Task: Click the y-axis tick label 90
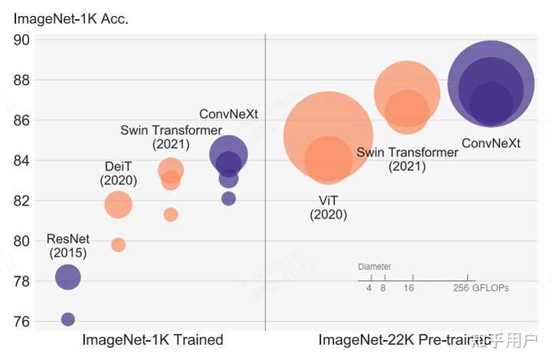pos(21,41)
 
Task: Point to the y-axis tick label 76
pos(21,322)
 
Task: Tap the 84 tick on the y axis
pos(21,161)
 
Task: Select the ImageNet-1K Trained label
pos(153,339)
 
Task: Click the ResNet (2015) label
pos(68,246)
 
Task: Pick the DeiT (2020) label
pos(118,174)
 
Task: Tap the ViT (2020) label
pos(328,208)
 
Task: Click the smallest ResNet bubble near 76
pos(67,319)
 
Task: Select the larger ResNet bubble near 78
pos(68,277)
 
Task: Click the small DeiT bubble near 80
pos(118,245)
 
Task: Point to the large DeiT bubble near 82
pos(118,205)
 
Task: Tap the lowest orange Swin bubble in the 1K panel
pos(171,214)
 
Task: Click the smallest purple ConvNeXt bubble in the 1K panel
pos(228,198)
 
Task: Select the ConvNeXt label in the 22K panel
pos(491,143)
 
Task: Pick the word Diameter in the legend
pos(374,267)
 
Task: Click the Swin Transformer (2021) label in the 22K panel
pos(407,159)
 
